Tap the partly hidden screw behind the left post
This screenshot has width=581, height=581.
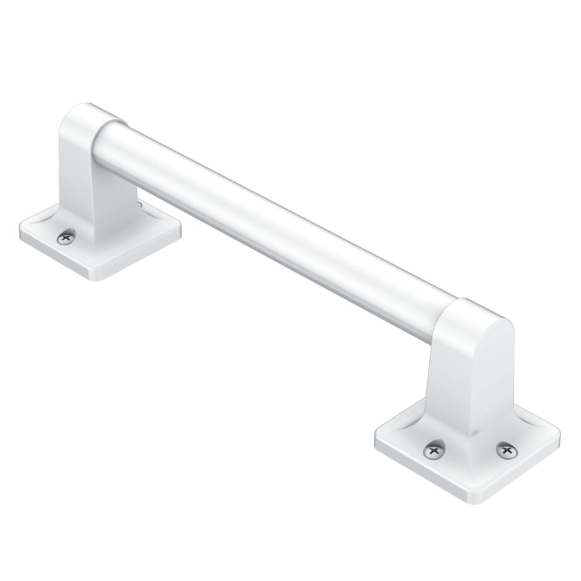point(140,205)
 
